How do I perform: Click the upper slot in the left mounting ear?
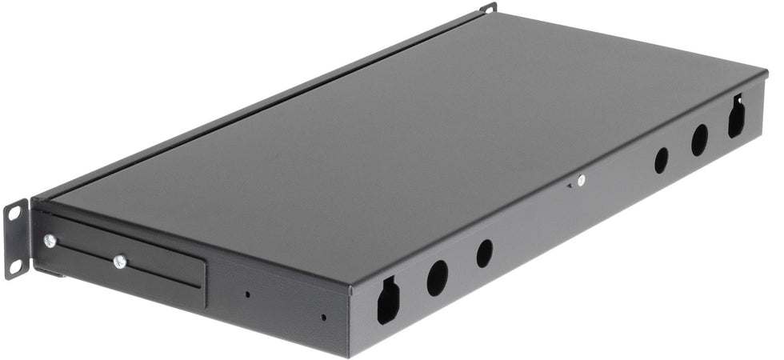(x=14, y=212)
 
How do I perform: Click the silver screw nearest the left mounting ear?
(x=50, y=240)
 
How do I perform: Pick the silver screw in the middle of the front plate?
(x=120, y=261)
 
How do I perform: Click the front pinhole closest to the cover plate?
(x=247, y=294)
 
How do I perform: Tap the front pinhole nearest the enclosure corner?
(x=323, y=317)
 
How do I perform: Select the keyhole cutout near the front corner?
(x=388, y=300)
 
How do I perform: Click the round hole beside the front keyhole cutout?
(x=438, y=277)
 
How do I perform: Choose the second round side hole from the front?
(x=485, y=254)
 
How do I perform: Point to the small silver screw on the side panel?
(x=581, y=181)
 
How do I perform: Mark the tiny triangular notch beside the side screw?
(x=570, y=186)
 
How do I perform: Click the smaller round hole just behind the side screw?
(x=661, y=160)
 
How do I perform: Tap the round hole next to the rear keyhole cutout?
(x=699, y=140)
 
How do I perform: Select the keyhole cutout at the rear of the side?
(x=736, y=118)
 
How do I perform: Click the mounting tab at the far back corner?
(x=489, y=8)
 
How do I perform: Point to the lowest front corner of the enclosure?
(x=350, y=355)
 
